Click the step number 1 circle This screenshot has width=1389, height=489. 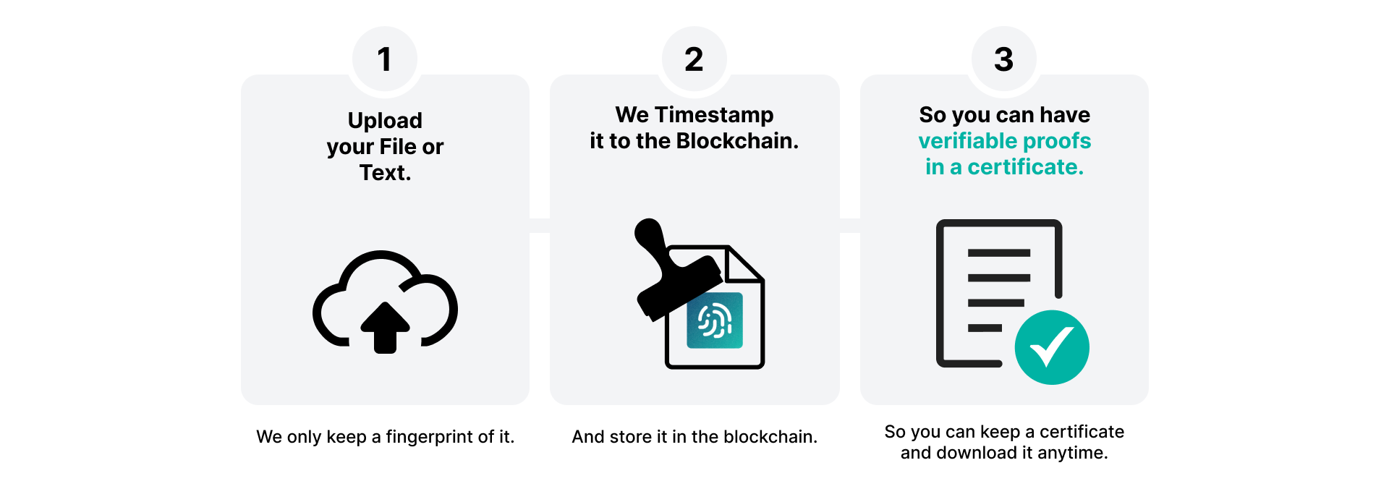[x=385, y=59]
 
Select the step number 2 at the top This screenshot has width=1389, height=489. [x=694, y=59]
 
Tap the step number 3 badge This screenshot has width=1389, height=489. [x=1004, y=59]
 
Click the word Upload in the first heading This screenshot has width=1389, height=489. [x=385, y=121]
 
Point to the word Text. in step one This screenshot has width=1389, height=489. [x=386, y=173]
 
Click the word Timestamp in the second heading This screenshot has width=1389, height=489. [x=714, y=116]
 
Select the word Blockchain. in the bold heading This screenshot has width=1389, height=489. [x=737, y=141]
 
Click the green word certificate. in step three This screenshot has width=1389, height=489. [x=1026, y=167]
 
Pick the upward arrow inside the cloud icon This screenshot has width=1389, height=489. [x=385, y=327]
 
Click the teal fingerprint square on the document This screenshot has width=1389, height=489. [x=715, y=320]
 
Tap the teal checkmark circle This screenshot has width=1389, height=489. [x=1052, y=347]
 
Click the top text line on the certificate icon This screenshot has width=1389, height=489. [x=999, y=253]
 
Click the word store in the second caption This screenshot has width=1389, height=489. [x=631, y=437]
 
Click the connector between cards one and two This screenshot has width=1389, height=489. [x=540, y=225]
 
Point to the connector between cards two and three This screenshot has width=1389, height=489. [x=850, y=225]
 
